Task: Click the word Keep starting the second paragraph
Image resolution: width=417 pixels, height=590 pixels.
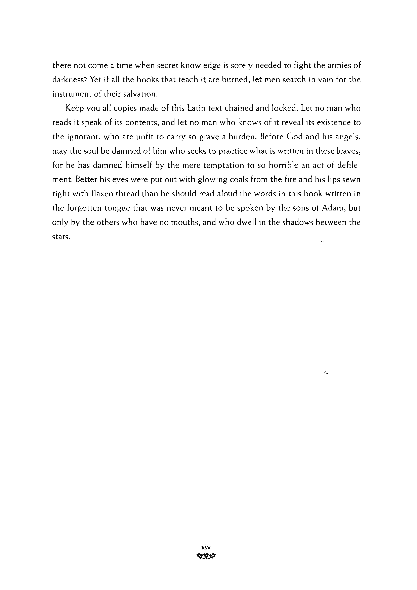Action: pos(74,108)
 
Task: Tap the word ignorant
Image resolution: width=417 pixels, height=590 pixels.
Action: pos(83,137)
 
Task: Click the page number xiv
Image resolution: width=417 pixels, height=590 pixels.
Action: pos(206,547)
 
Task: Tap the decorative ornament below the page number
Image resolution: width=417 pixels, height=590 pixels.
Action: pos(206,556)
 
